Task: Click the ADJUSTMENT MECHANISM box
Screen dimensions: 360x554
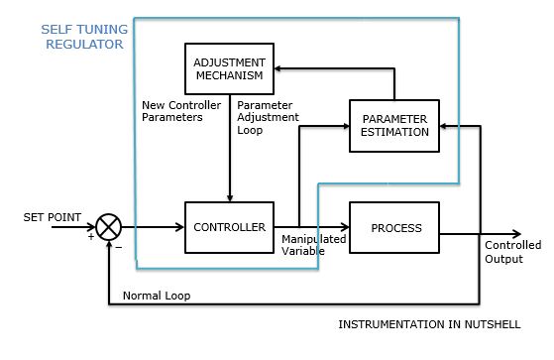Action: tap(230, 68)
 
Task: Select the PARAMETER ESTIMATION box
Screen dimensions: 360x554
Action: tap(393, 126)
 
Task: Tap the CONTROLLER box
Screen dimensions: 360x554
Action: tap(228, 227)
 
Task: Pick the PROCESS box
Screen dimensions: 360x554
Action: tap(395, 227)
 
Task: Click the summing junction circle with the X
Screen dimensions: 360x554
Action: tap(109, 228)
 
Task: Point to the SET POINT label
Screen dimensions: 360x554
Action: tap(53, 215)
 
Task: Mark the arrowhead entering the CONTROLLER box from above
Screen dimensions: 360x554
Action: tap(230, 196)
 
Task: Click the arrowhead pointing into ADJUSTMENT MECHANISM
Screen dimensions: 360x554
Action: tap(281, 69)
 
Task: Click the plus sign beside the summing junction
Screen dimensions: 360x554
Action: tap(91, 237)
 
